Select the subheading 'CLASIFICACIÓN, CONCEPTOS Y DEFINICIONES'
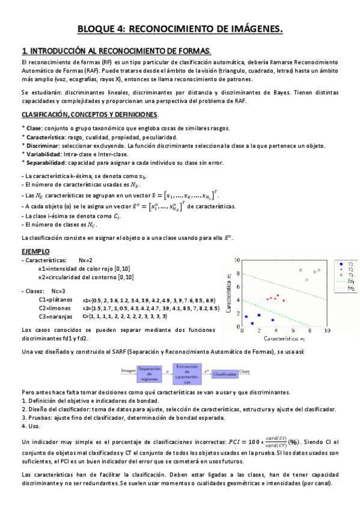click(90, 114)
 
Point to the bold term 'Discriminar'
click(41, 146)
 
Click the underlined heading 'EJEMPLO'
click(35, 251)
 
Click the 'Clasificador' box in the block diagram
click(224, 373)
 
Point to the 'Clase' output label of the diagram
click(245, 372)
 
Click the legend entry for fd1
click(345, 281)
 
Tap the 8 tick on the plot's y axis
click(237, 273)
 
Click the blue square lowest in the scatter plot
click(252, 324)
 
